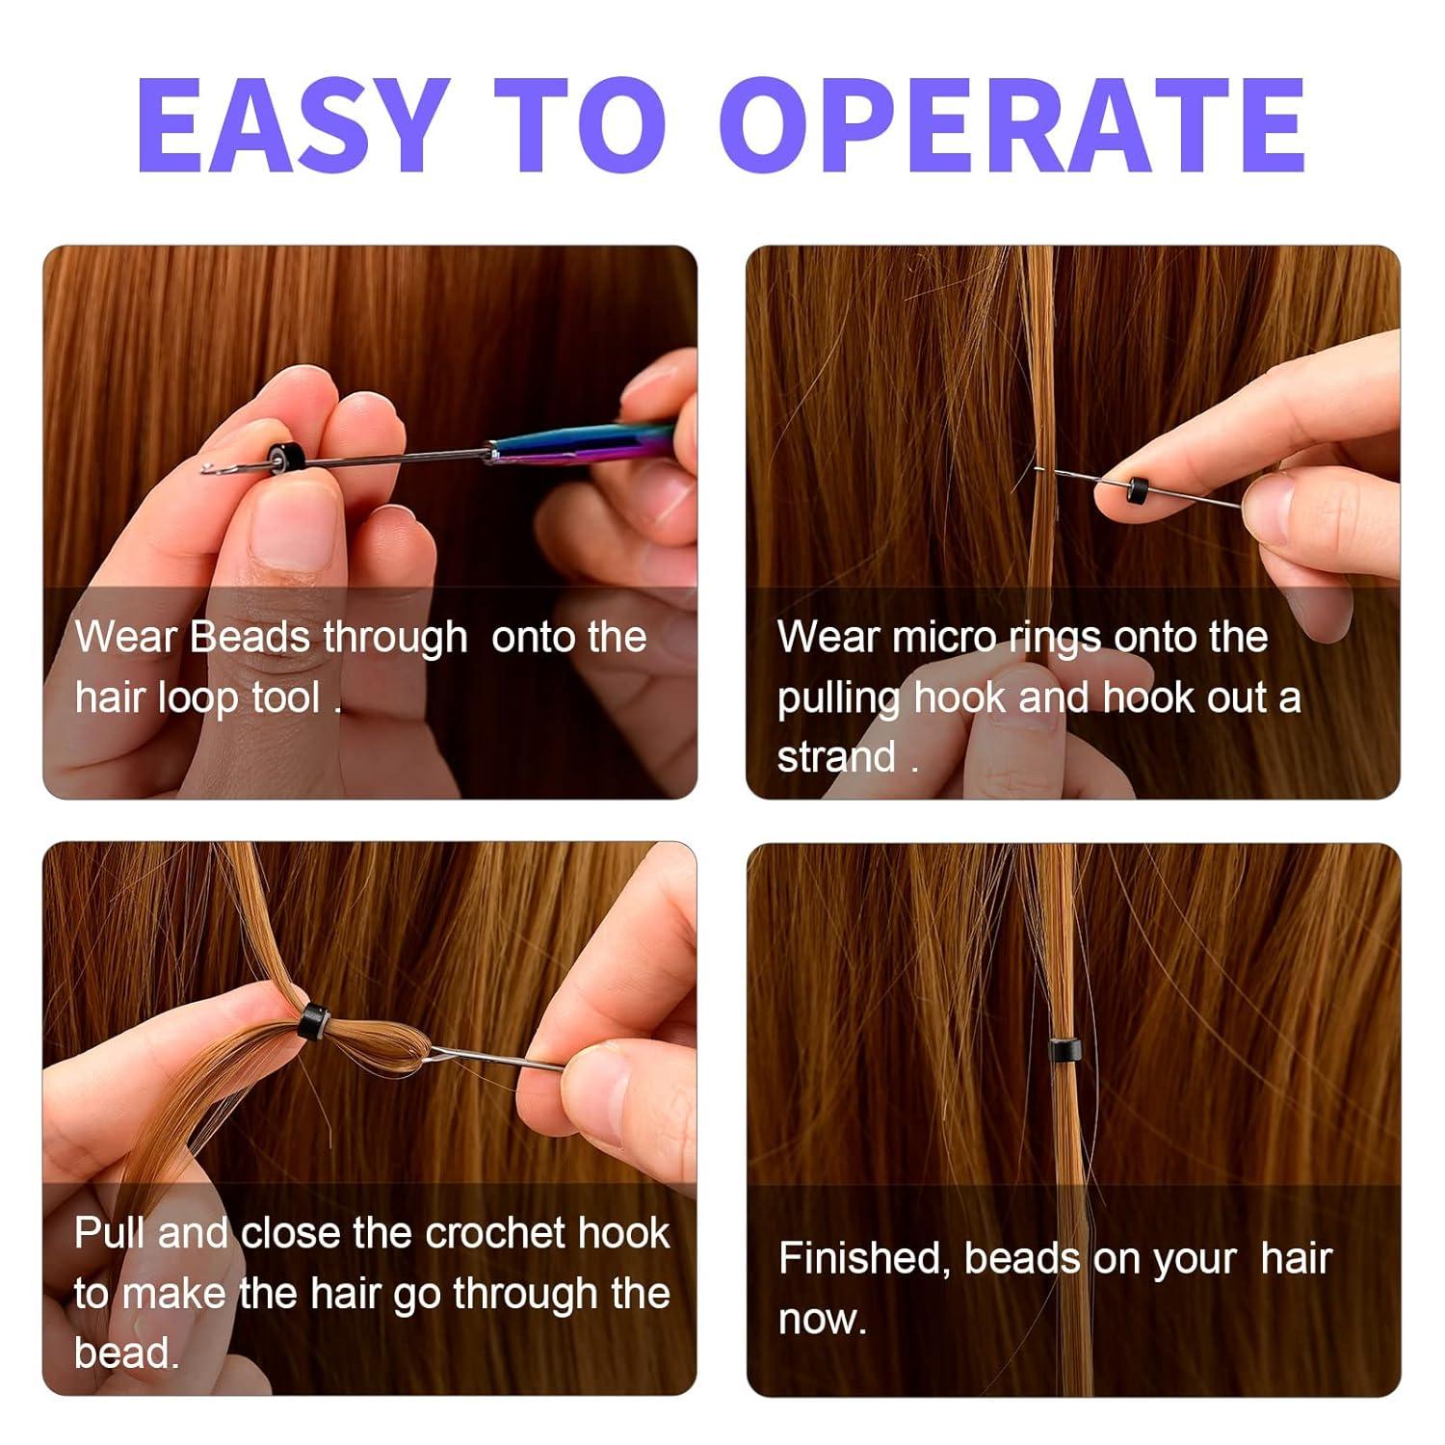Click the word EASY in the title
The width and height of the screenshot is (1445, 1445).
293,124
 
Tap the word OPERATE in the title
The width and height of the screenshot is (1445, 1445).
1011,124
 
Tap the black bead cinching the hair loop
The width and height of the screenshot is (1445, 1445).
313,1020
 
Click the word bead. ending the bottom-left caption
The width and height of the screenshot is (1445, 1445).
126,1353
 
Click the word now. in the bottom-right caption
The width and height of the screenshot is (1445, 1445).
822,1319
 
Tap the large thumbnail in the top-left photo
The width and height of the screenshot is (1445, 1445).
289,530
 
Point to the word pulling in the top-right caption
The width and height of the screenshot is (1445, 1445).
839,698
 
